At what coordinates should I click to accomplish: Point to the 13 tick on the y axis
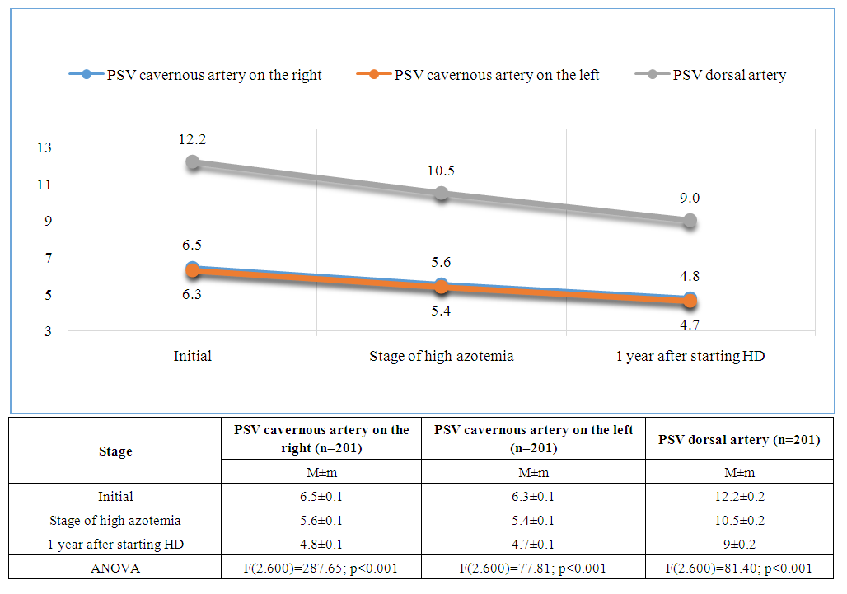(x=44, y=147)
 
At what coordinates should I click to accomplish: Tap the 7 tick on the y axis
(x=44, y=258)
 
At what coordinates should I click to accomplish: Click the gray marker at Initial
(x=193, y=162)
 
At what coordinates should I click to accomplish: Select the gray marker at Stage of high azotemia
(x=442, y=194)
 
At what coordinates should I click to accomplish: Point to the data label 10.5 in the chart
(x=442, y=171)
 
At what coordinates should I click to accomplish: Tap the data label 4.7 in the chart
(x=690, y=325)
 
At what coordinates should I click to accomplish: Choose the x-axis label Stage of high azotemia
(x=442, y=357)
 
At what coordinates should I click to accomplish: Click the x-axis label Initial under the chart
(x=193, y=357)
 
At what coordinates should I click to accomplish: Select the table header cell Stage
(x=115, y=451)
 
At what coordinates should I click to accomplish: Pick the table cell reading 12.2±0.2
(x=739, y=497)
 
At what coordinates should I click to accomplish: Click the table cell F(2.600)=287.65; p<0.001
(x=321, y=568)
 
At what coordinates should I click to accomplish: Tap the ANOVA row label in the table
(x=115, y=568)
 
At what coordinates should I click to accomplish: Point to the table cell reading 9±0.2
(x=739, y=544)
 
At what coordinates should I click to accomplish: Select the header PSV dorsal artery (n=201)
(x=739, y=440)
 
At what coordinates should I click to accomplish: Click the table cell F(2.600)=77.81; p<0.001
(x=533, y=568)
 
